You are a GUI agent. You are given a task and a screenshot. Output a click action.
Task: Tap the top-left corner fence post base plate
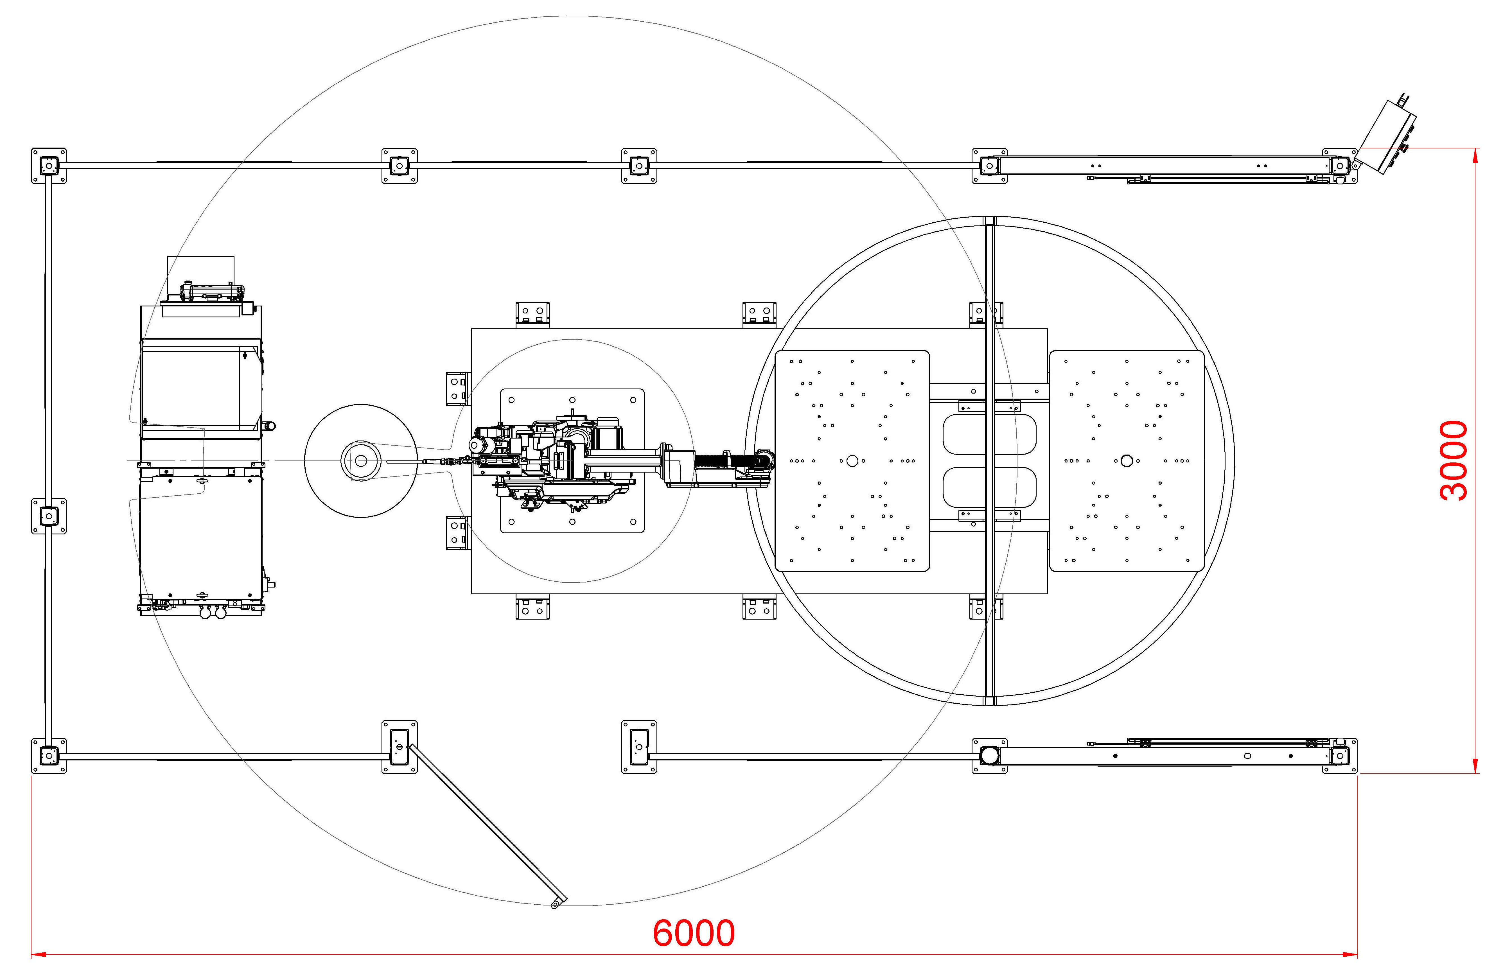pos(49,166)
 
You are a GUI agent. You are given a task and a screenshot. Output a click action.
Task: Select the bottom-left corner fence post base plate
pos(49,756)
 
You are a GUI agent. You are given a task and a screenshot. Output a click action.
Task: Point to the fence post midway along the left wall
pos(49,516)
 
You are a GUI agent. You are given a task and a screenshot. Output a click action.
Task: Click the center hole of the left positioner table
pos(852,461)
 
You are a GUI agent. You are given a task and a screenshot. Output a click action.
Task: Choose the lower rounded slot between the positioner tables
pos(989,487)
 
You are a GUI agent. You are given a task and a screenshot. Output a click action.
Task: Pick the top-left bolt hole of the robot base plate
pos(511,400)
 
